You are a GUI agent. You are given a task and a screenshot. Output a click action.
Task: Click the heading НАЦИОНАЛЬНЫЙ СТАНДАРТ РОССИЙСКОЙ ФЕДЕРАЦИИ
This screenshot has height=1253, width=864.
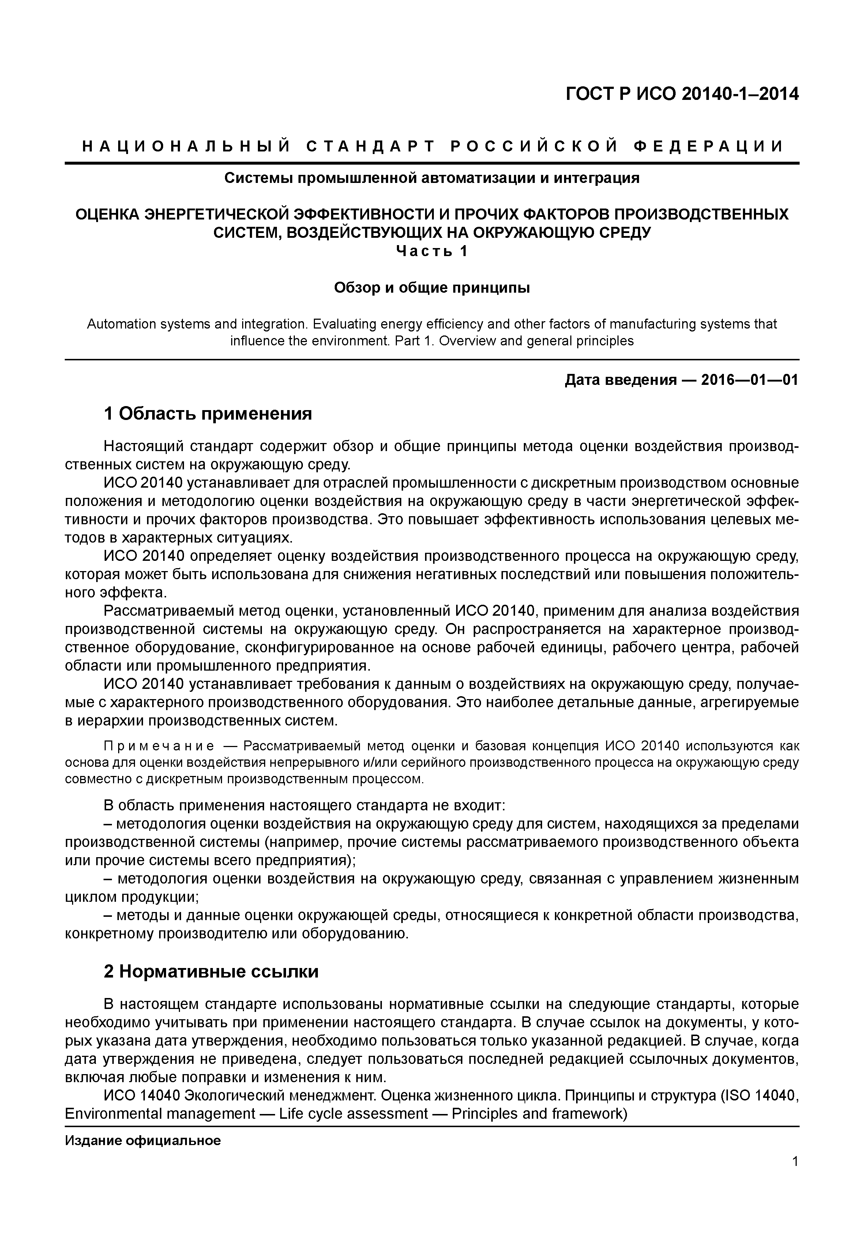432,147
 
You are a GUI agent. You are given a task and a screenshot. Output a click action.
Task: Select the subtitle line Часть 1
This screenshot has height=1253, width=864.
432,251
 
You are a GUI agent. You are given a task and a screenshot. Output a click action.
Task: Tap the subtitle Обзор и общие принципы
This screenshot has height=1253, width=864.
432,288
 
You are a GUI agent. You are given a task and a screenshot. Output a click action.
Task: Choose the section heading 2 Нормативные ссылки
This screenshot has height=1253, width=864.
211,971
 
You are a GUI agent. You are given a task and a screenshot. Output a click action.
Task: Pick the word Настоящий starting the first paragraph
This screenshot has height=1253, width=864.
140,446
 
